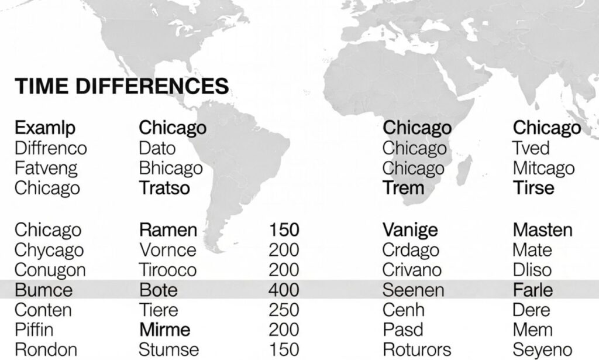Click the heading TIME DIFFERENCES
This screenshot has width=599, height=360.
121,87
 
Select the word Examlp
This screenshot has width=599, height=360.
45,128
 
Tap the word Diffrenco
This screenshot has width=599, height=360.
50,148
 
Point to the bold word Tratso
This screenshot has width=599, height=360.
164,188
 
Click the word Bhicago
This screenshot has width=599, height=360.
171,168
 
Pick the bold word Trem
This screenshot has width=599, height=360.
403,188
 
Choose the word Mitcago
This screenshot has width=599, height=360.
543,168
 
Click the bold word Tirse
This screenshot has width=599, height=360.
533,188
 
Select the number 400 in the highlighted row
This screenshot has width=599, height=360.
284,290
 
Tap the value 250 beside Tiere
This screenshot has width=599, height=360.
284,310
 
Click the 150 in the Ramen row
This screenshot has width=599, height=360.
284,229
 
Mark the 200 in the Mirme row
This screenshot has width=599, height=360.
284,330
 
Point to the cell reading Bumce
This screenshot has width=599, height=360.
43,290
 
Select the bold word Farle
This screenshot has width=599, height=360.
532,290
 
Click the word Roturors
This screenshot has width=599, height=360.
416,350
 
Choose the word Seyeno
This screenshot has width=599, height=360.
542,350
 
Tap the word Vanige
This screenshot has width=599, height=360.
410,229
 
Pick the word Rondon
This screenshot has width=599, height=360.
46,350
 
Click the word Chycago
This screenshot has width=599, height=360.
49,250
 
